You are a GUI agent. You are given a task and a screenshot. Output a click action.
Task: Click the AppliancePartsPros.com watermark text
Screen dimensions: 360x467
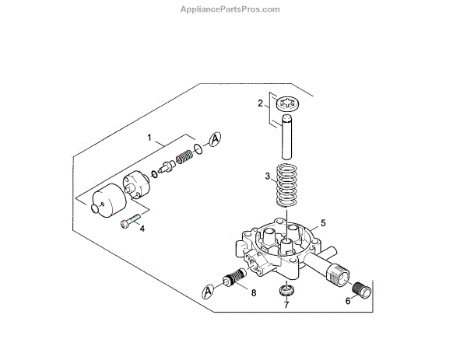point(233,9)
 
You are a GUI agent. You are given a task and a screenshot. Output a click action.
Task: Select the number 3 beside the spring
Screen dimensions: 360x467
point(267,177)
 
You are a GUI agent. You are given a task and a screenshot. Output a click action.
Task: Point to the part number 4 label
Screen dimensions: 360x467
point(142,229)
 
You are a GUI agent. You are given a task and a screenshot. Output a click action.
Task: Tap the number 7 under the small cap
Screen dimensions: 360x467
point(286,305)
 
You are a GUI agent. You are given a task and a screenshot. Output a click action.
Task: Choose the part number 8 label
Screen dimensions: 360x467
point(253,292)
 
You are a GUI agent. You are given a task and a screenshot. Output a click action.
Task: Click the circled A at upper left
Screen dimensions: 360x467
point(216,138)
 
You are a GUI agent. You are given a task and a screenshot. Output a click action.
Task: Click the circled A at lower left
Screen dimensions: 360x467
point(207,292)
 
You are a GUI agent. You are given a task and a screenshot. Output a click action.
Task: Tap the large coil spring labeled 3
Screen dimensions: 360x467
point(288,187)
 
